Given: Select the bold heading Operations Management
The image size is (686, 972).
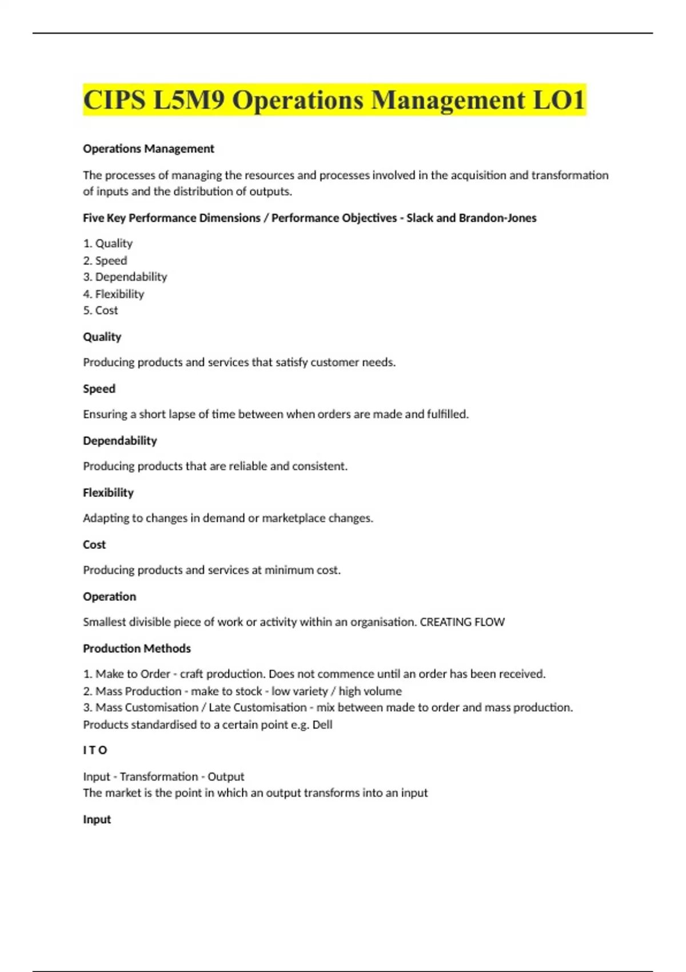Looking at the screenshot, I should tap(149, 149).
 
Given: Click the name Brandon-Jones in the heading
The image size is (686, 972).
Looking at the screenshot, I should tap(497, 218).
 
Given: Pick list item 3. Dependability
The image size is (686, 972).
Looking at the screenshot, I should tap(125, 277).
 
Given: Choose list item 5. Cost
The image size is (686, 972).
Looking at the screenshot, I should tap(101, 310).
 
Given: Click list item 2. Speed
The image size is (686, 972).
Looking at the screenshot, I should tap(105, 260).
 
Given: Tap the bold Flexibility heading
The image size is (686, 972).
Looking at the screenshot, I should tap(108, 492).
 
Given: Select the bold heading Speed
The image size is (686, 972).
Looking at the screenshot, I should tap(99, 389).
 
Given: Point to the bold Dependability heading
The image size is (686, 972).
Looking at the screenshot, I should tap(119, 441).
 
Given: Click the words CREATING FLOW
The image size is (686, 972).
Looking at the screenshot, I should tap(462, 622).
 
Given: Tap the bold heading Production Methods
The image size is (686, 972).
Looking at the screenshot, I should tap(137, 648).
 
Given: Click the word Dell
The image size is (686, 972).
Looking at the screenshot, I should tap(322, 724).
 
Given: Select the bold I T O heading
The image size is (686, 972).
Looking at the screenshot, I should tap(95, 750).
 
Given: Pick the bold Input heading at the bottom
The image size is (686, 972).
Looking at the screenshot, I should tap(97, 819).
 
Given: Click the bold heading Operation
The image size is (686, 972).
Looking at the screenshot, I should tap(109, 596).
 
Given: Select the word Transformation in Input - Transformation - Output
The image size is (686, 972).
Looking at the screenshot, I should tap(158, 776).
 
